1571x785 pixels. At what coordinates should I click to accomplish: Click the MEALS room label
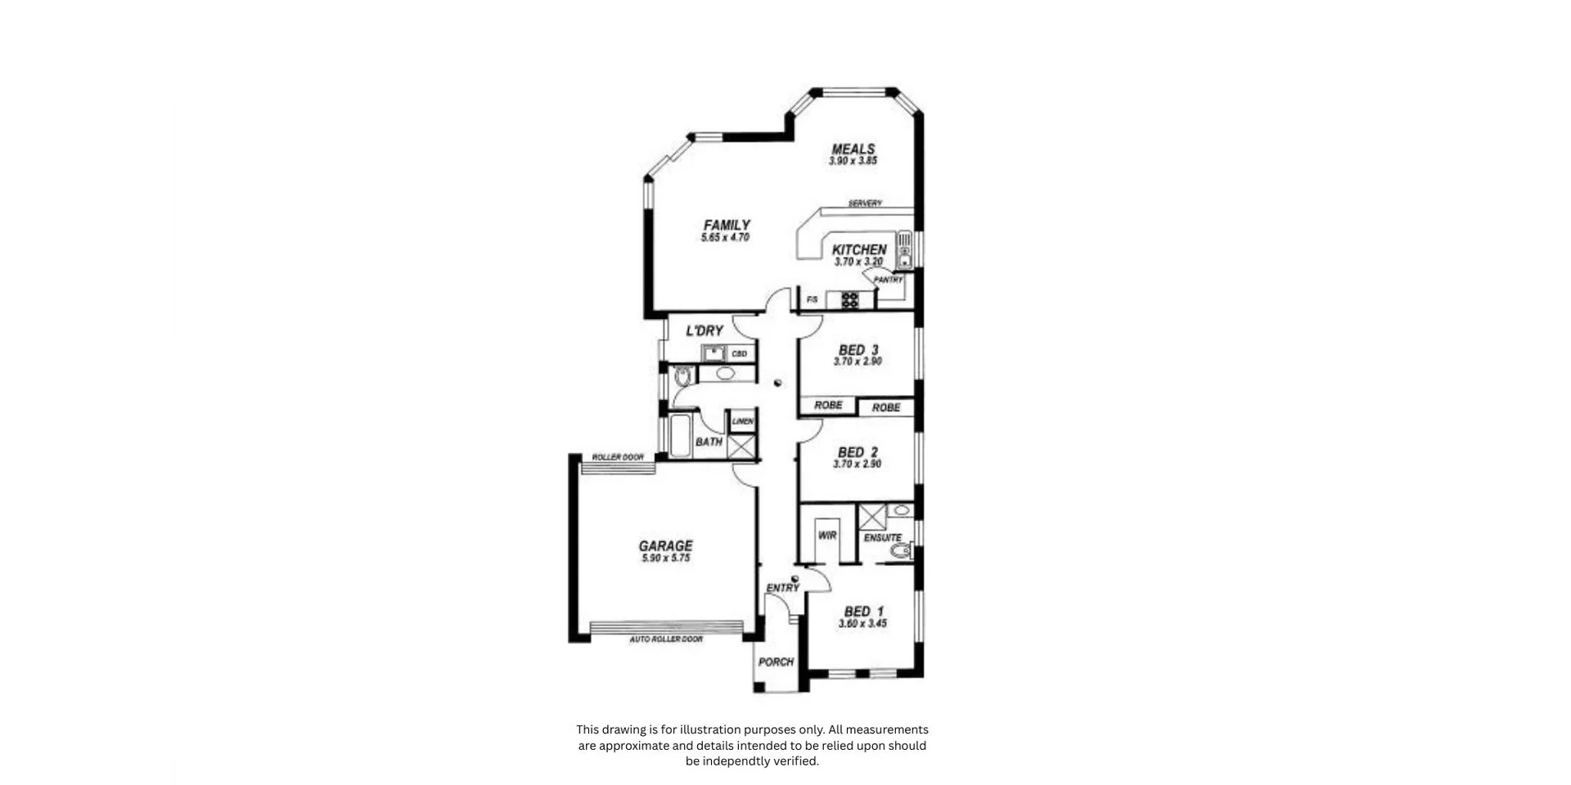[853, 149]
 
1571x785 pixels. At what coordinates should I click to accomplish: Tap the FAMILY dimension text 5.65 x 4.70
[725, 238]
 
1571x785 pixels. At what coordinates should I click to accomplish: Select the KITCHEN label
[859, 249]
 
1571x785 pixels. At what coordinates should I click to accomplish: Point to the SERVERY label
[865, 204]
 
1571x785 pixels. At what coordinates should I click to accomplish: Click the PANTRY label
[888, 280]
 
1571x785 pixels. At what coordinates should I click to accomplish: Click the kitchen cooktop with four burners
[850, 300]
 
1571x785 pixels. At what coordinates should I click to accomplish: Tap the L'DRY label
[704, 331]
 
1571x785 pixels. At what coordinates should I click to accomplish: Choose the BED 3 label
[858, 350]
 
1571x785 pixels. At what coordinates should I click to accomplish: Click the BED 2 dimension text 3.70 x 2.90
[858, 464]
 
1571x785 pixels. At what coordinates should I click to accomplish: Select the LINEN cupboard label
[743, 421]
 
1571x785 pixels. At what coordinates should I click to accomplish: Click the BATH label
[709, 442]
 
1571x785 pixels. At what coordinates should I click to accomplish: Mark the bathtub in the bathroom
[681, 436]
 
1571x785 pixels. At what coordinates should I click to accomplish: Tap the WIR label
[827, 536]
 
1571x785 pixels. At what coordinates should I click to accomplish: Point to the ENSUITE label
[883, 538]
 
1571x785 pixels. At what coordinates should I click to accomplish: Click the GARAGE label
[665, 545]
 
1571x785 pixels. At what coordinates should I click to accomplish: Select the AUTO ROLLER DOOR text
[666, 639]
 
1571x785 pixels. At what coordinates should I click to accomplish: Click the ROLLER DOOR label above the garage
[618, 457]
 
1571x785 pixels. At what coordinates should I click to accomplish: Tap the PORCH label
[776, 662]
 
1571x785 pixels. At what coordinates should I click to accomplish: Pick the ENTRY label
[782, 588]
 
